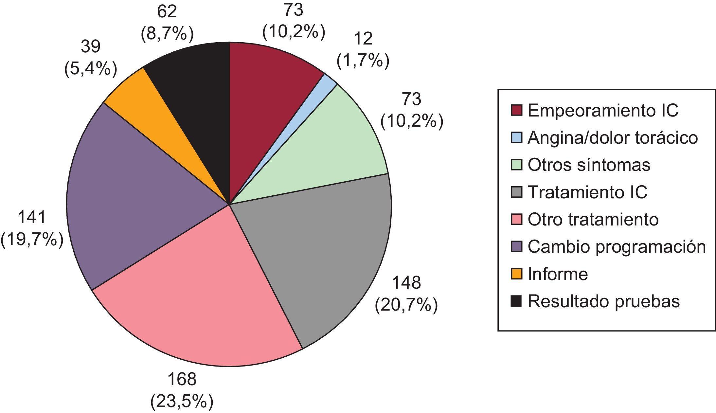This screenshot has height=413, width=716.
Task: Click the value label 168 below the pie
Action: point(182,379)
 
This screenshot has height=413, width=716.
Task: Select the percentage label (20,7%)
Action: point(406,305)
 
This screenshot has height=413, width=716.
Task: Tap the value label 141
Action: point(32,218)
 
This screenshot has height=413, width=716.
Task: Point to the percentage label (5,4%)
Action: point(91,69)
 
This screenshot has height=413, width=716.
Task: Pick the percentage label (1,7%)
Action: point(363,61)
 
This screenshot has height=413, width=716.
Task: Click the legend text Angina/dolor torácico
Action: point(613,138)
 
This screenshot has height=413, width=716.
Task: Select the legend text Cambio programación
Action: point(617,246)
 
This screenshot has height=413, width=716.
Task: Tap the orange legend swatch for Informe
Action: point(516,274)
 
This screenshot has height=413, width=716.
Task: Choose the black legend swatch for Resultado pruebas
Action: point(516,301)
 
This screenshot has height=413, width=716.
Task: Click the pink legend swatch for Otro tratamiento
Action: point(516,219)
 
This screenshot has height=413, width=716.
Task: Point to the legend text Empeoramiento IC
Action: point(603,111)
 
